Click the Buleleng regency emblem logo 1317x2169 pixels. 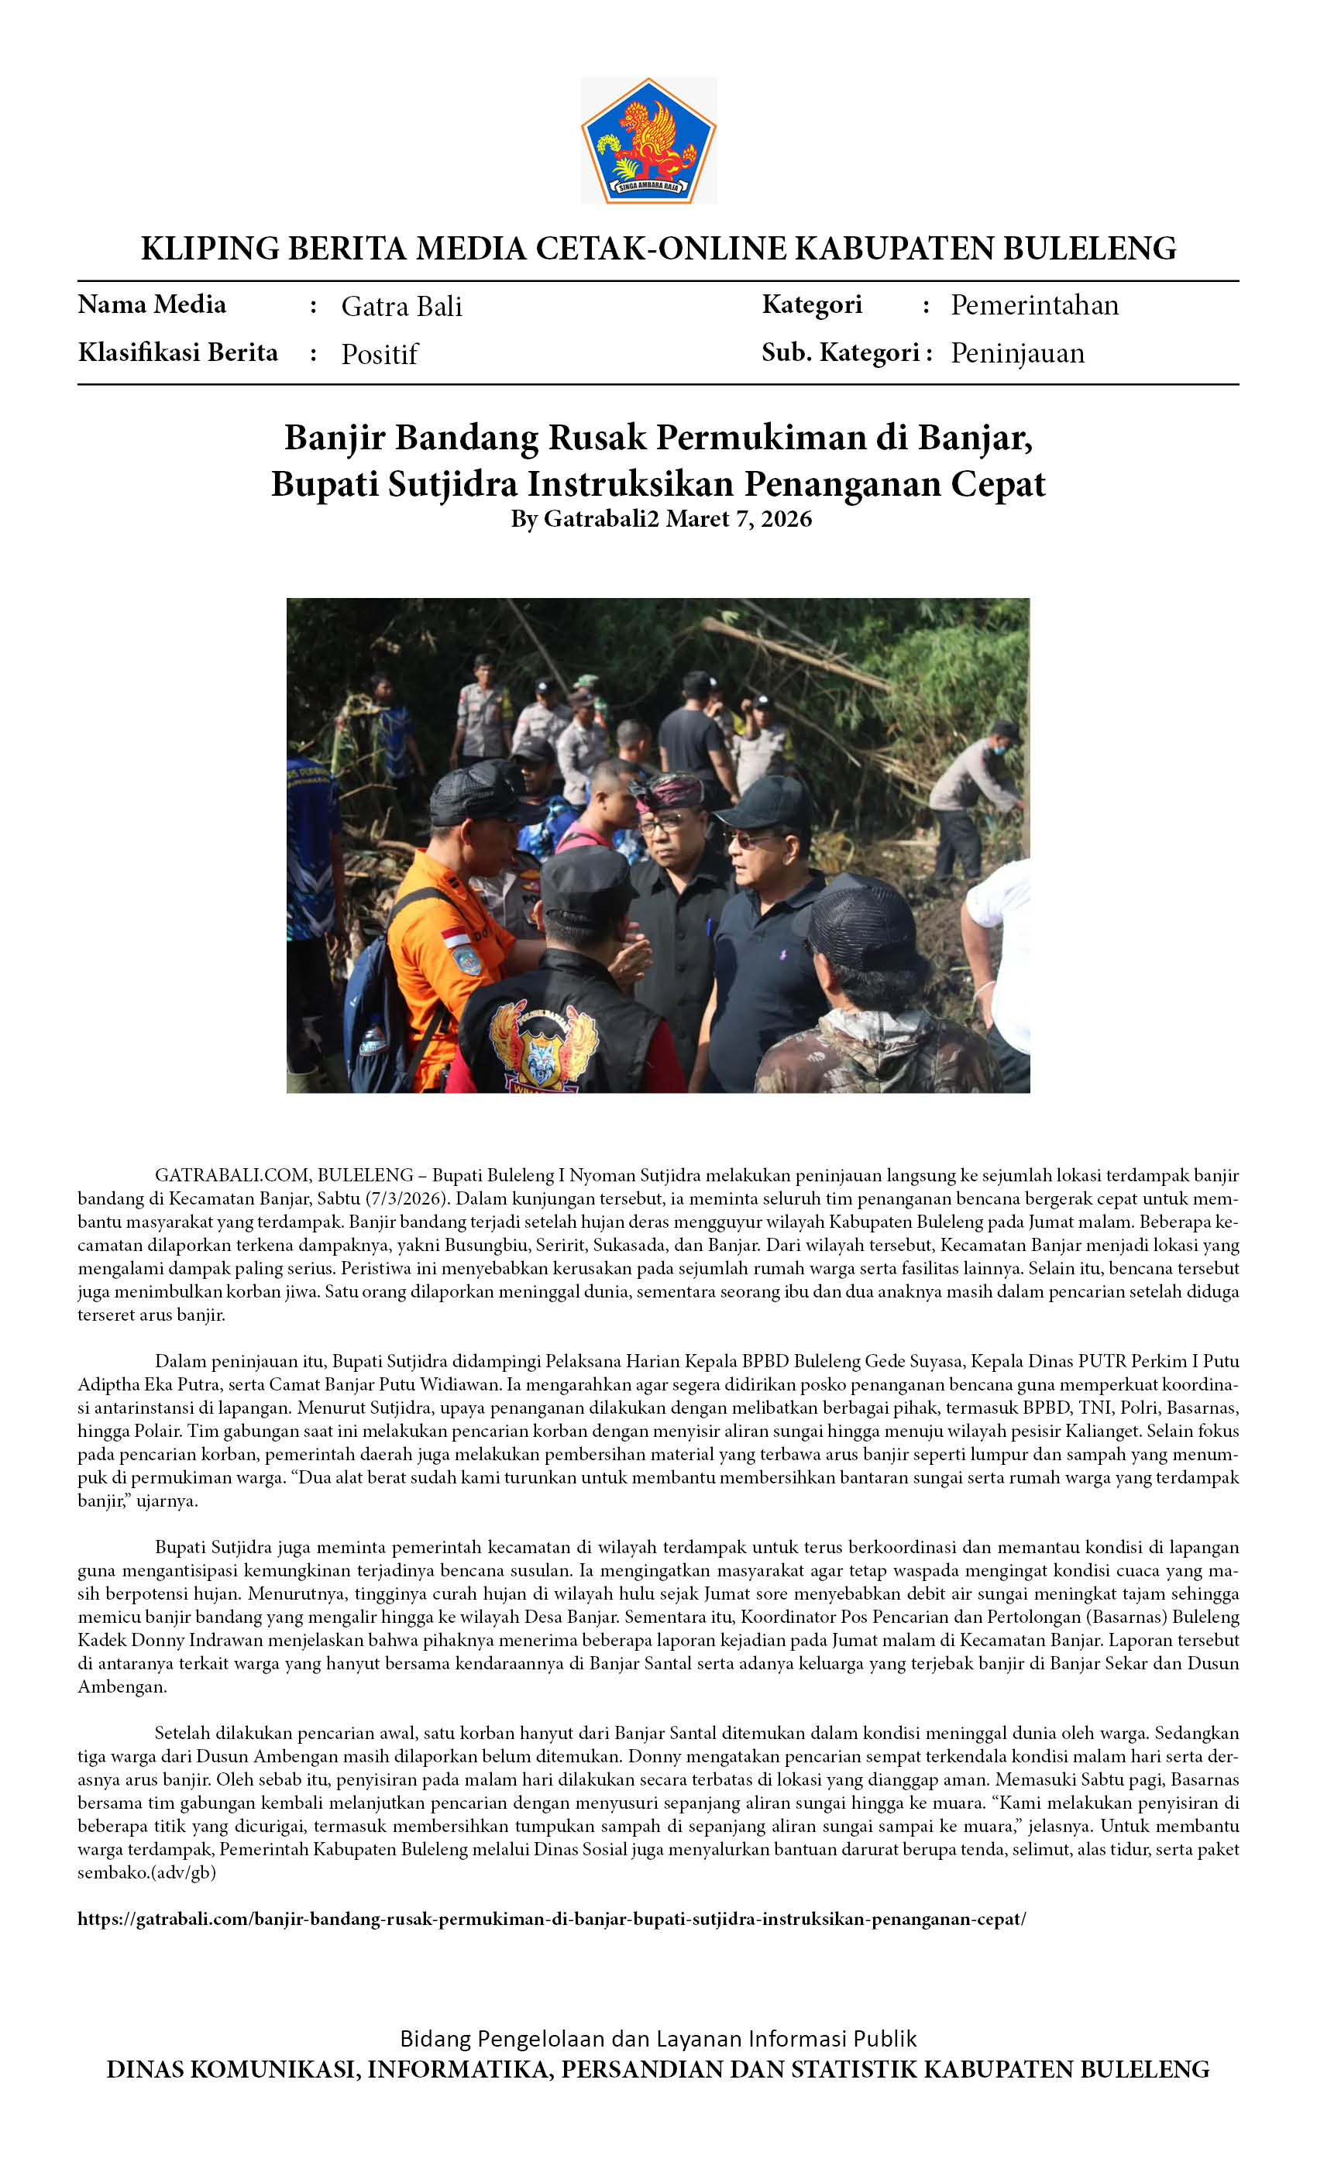click(648, 142)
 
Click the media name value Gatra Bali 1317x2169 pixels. click(401, 306)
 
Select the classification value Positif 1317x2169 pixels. click(380, 354)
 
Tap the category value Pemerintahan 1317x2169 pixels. click(1034, 305)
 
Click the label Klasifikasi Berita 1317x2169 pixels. click(178, 352)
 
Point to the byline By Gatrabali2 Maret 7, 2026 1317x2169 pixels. click(660, 518)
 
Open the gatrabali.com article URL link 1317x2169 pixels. click(551, 1919)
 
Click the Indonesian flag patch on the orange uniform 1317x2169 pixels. click(456, 937)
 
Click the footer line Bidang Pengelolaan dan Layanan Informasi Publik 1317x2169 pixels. click(658, 2039)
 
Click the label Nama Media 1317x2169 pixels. click(151, 304)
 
